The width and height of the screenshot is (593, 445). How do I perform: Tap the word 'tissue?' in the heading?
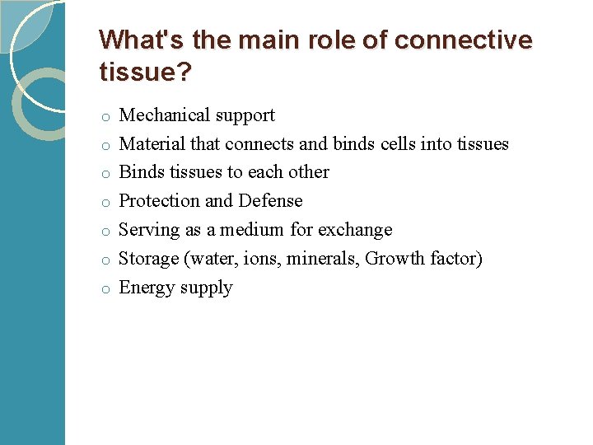tap(145, 73)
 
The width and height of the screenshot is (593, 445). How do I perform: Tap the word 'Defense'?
tap(270, 201)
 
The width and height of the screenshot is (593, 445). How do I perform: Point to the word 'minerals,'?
tap(323, 259)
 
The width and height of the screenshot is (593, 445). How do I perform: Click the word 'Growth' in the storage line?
tap(394, 259)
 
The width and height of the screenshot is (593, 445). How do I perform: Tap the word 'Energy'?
tap(145, 288)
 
